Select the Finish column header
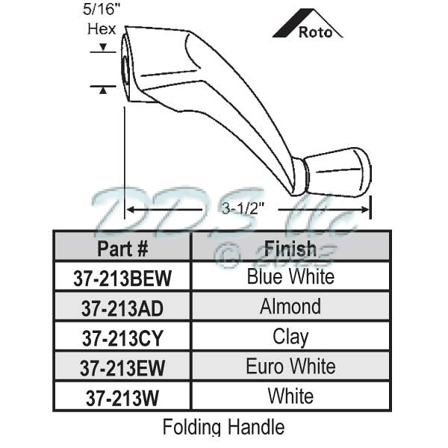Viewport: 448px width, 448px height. click(x=290, y=248)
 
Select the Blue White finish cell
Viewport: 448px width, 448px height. click(x=290, y=277)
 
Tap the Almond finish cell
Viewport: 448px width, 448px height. click(x=290, y=306)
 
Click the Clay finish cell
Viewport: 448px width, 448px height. click(x=290, y=337)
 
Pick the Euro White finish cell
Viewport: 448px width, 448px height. click(x=290, y=367)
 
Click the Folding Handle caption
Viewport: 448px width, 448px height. click(x=223, y=427)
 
